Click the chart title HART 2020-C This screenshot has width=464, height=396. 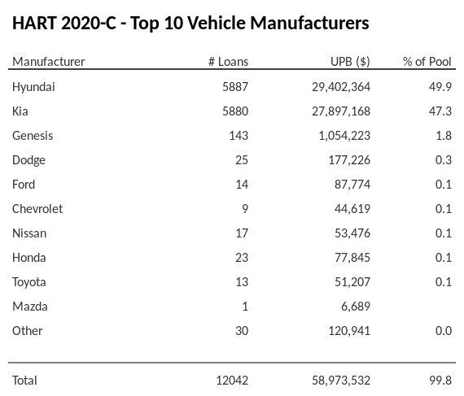(190, 23)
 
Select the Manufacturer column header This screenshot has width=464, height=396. (49, 62)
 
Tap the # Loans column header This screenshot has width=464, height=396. (228, 62)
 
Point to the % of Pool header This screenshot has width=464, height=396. (427, 62)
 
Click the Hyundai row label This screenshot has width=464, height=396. (33, 86)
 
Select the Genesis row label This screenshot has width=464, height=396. (33, 135)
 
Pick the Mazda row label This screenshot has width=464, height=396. (30, 306)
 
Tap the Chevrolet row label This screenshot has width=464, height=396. (37, 208)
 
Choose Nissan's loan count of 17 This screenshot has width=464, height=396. (241, 233)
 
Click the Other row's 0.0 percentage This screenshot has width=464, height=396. (444, 330)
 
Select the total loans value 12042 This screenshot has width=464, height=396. (231, 380)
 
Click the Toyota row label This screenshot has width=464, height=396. (29, 281)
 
